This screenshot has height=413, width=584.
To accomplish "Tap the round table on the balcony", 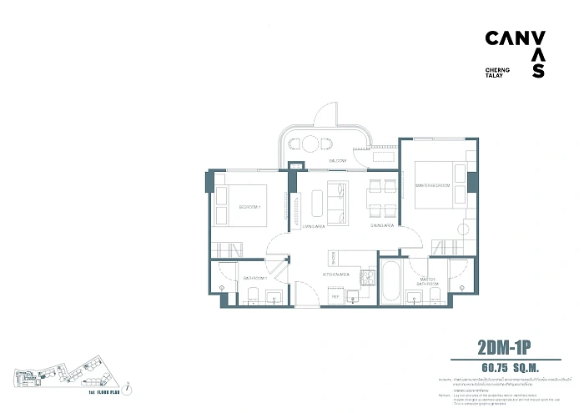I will click(307, 144).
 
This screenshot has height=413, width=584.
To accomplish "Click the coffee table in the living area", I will click(317, 204).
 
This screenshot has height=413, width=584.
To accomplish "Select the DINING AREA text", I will click(382, 225).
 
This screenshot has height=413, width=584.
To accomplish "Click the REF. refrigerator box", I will click(335, 295).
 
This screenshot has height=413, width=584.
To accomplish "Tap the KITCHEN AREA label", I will click(336, 274).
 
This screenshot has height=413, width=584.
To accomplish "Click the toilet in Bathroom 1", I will click(251, 293).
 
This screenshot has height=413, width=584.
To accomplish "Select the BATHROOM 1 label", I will click(254, 277).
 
